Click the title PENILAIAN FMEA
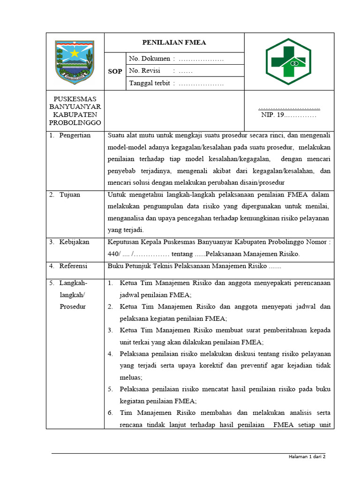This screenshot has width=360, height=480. (x=174, y=43)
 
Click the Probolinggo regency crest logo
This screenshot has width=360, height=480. (x=75, y=61)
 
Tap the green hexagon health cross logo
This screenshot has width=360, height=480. (x=289, y=61)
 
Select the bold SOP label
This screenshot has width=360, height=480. (x=115, y=71)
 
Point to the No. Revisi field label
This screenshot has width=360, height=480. (x=144, y=71)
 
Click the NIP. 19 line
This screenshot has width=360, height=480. (x=288, y=115)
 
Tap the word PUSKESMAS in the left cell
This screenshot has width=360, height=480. (x=75, y=99)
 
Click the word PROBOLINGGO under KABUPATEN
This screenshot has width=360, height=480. (x=75, y=122)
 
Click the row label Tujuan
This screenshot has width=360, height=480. (x=70, y=195)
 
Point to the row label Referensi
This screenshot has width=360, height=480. (x=73, y=266)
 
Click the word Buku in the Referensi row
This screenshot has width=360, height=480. (x=115, y=266)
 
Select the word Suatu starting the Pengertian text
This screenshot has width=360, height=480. (x=116, y=135)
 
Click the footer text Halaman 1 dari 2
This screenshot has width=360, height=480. (x=307, y=457)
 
